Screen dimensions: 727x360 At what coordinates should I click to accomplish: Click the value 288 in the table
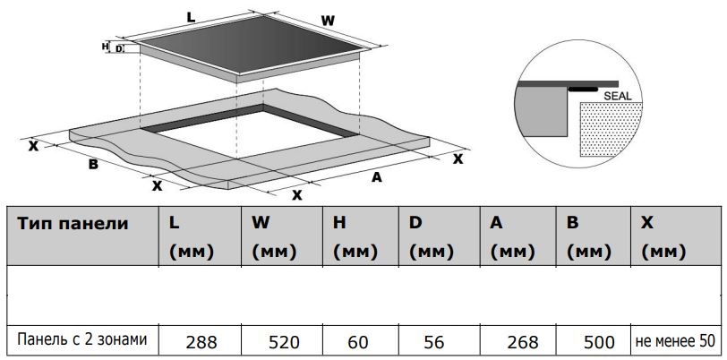pyautogui.click(x=201, y=342)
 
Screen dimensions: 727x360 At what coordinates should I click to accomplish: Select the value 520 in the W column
pyautogui.click(x=284, y=342)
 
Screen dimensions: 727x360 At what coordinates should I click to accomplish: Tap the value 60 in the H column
pyautogui.click(x=357, y=342)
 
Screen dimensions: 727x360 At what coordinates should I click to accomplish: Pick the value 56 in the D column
pyautogui.click(x=434, y=342)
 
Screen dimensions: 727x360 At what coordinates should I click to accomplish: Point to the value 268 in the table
pyautogui.click(x=523, y=342)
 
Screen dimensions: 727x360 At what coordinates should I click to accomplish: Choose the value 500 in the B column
pyautogui.click(x=600, y=342)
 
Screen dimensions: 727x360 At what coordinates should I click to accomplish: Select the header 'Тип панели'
pyautogui.click(x=73, y=224)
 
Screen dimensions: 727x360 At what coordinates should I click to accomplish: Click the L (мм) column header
pyautogui.click(x=191, y=237)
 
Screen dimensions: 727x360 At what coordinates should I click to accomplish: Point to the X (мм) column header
pyautogui.click(x=663, y=237)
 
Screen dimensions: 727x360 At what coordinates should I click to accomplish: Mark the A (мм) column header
pyautogui.click(x=512, y=237)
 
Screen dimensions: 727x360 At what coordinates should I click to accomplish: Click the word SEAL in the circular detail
pyautogui.click(x=618, y=96)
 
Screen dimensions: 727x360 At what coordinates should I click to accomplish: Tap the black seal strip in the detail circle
pyautogui.click(x=583, y=88)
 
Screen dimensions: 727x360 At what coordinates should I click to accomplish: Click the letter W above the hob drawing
pyautogui.click(x=328, y=21)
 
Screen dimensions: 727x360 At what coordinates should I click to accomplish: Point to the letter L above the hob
pyautogui.click(x=191, y=17)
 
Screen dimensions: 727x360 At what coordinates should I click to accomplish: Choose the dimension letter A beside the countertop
pyautogui.click(x=377, y=176)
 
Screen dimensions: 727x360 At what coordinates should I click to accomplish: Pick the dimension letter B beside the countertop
pyautogui.click(x=93, y=164)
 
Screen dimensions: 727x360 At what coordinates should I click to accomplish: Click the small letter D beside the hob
pyautogui.click(x=119, y=48)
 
